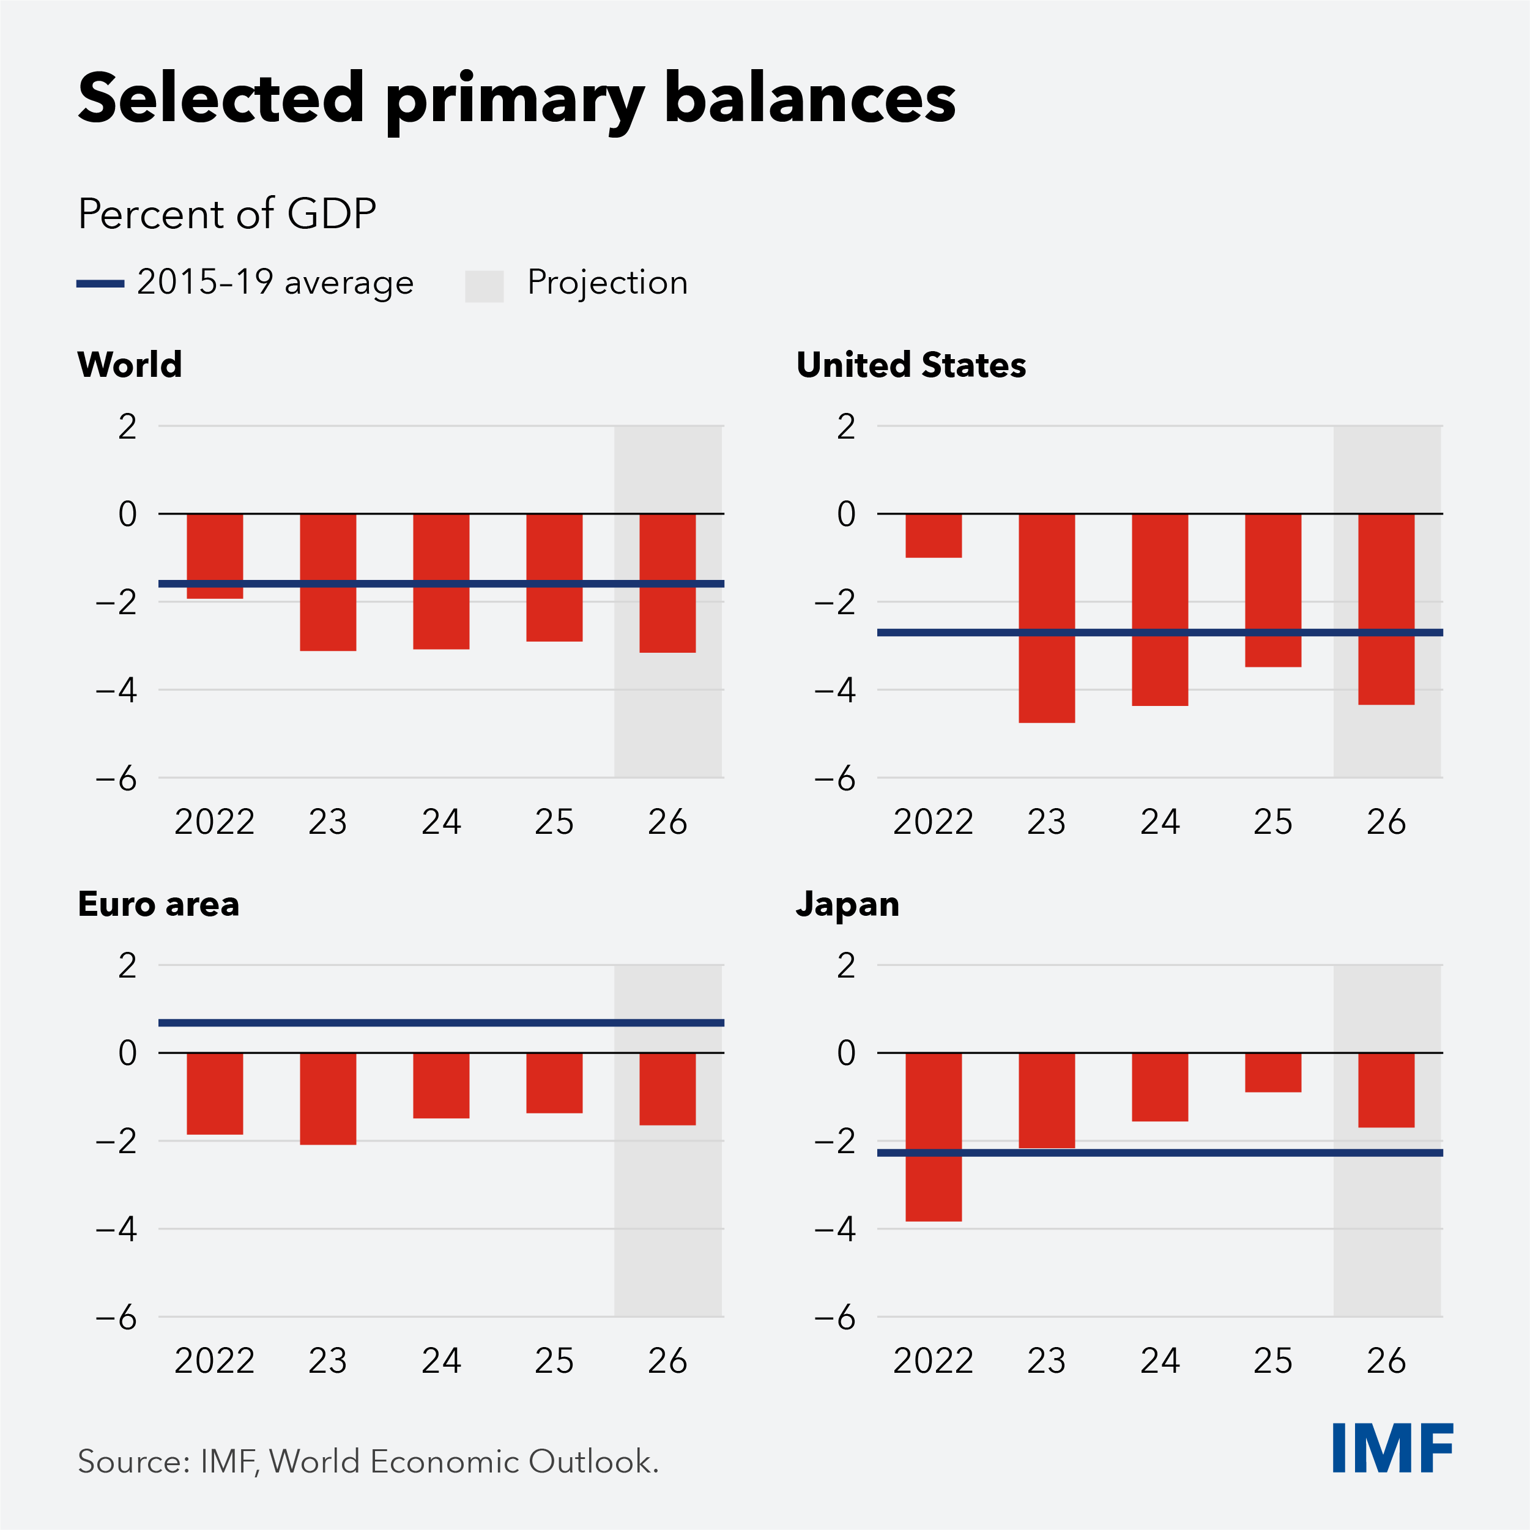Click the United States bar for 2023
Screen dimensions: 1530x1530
[1046, 618]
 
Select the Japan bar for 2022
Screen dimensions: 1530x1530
[933, 1137]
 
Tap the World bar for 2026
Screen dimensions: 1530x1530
[667, 583]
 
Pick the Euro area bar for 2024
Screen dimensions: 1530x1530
[441, 1085]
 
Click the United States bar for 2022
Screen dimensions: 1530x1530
[933, 535]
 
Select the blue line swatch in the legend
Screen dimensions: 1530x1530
[100, 283]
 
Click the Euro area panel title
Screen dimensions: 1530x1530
[158, 904]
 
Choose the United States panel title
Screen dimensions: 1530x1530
[911, 365]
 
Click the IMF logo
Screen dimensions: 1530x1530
[1392, 1447]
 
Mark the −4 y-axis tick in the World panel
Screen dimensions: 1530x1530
[116, 691]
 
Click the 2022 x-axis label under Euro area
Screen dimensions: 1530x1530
[214, 1361]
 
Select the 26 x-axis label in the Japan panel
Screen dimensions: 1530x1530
[1386, 1361]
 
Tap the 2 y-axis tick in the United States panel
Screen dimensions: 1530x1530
[846, 427]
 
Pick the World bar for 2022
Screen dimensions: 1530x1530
[215, 556]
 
